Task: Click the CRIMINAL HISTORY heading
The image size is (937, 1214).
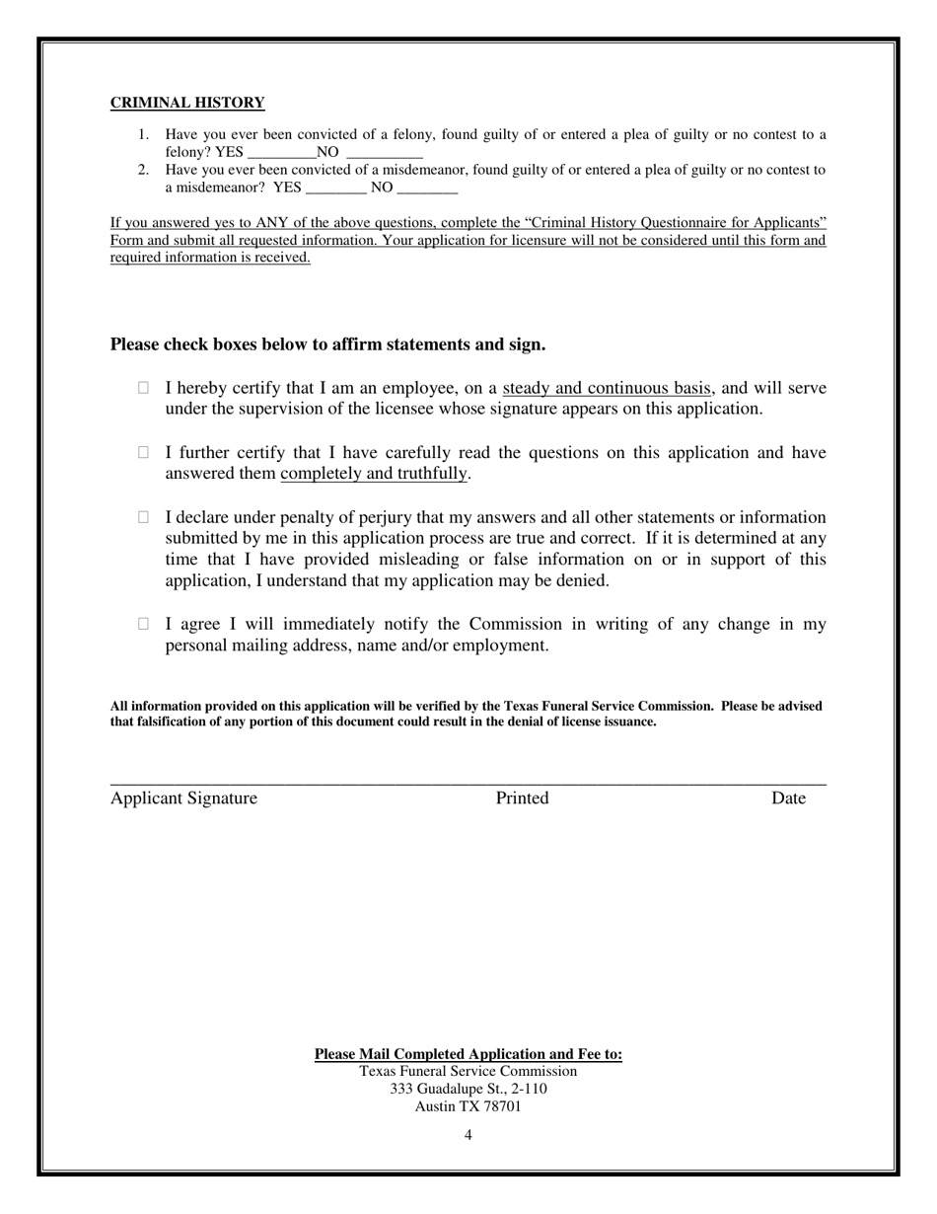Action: tap(187, 103)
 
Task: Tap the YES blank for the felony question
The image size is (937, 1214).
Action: tap(281, 153)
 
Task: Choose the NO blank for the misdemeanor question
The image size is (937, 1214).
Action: tap(427, 189)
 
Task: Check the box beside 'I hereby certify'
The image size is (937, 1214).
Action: tap(143, 388)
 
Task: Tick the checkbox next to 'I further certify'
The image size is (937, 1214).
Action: tap(143, 452)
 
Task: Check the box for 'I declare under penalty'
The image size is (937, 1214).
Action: tap(143, 516)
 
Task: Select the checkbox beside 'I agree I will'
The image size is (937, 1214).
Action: tap(143, 624)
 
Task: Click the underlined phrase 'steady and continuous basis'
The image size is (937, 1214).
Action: tap(607, 388)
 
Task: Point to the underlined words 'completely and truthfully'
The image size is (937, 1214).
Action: tap(373, 474)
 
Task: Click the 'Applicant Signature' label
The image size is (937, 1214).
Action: tap(183, 798)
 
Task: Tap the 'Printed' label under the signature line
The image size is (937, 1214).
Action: tap(522, 798)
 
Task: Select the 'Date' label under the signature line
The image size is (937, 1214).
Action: tap(788, 798)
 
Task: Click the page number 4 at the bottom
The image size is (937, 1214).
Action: tap(468, 1135)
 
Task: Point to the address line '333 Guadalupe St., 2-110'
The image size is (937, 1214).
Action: tap(468, 1089)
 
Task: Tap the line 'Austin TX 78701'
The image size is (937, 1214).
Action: tap(468, 1106)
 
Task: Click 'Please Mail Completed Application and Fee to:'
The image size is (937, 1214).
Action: tap(468, 1054)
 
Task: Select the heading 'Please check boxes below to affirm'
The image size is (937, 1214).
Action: tap(327, 344)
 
